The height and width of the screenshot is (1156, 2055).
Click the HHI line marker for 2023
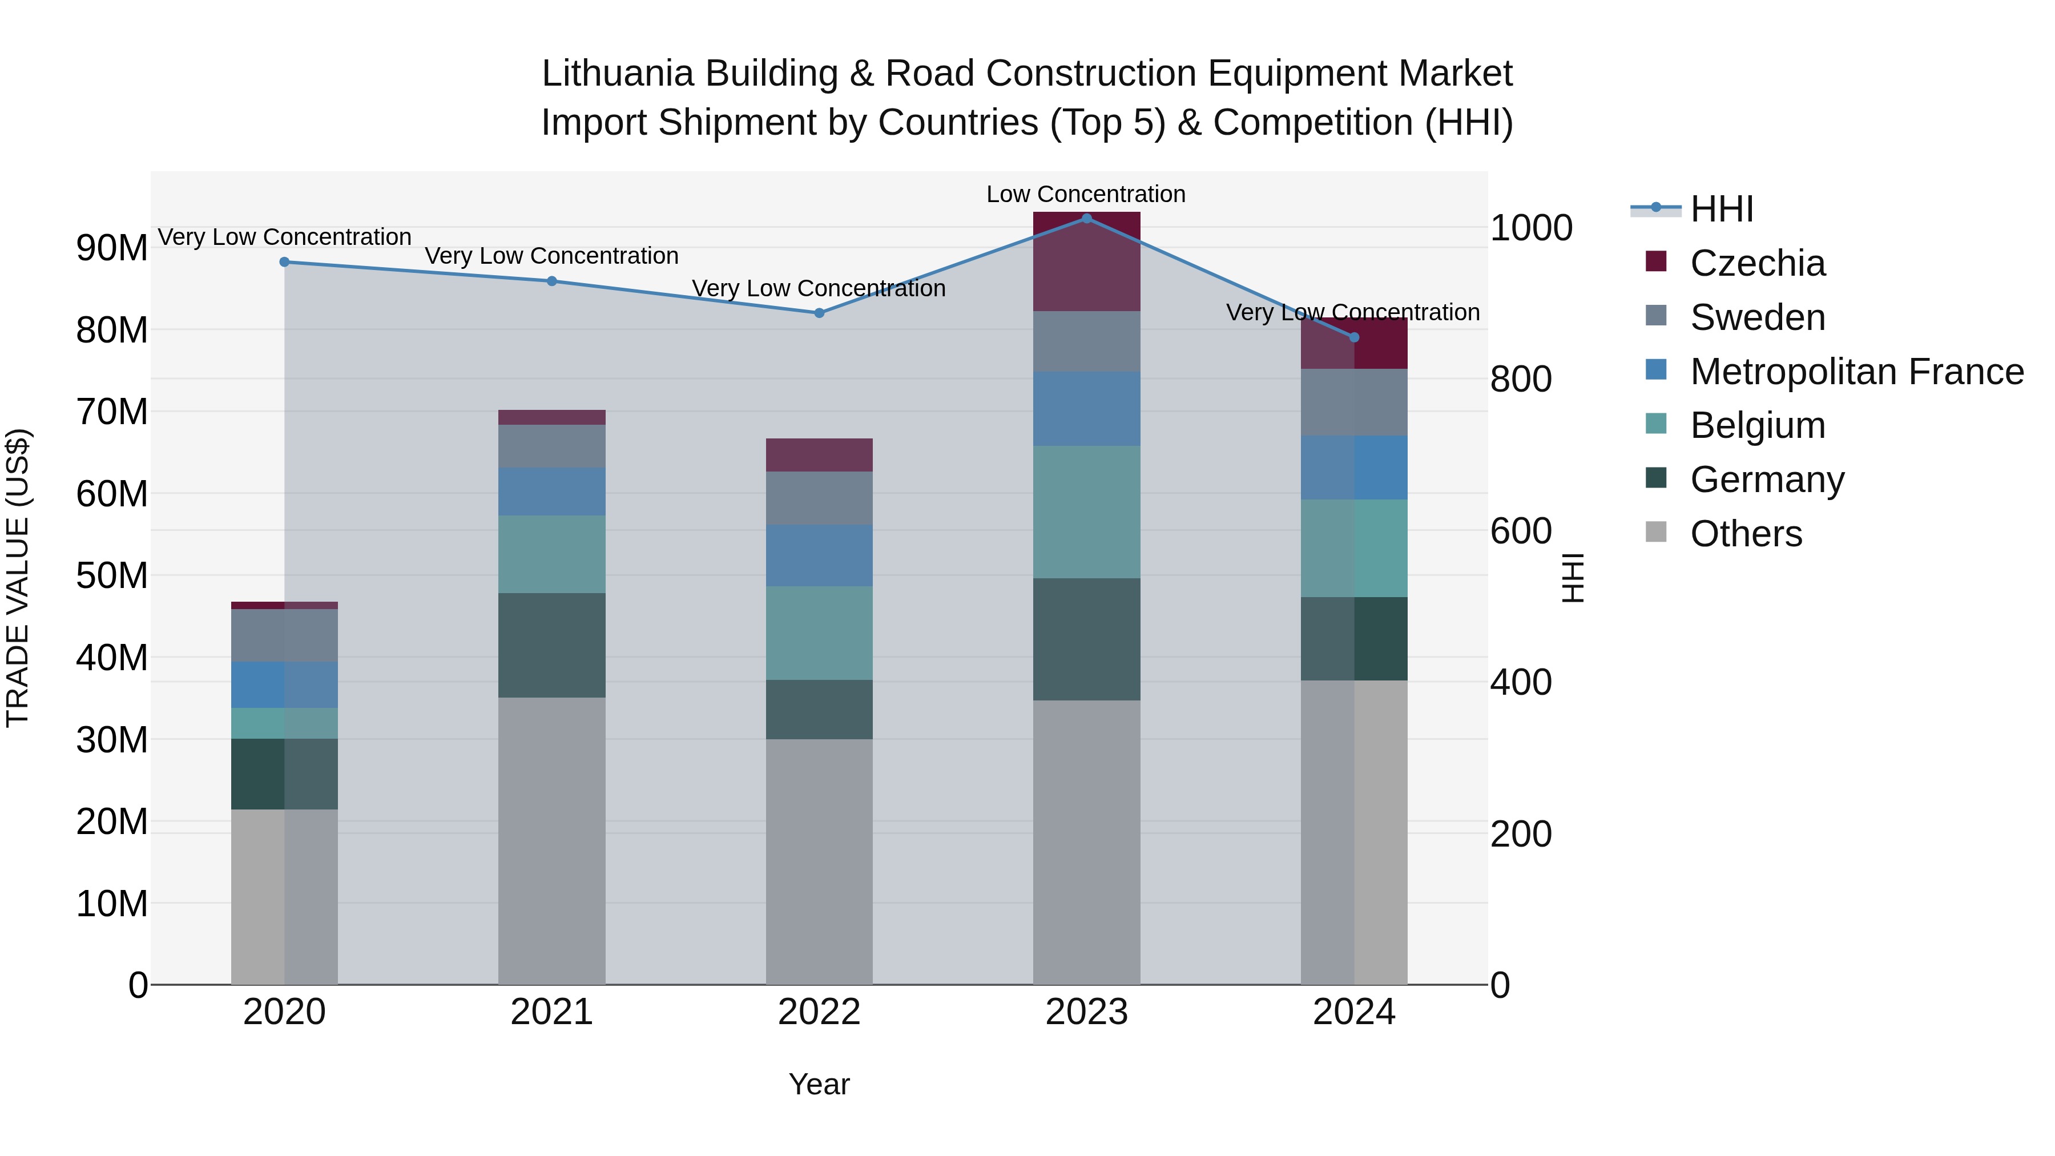(1086, 218)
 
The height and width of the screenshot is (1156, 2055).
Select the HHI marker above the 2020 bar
(284, 261)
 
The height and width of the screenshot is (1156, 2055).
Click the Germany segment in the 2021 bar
(551, 645)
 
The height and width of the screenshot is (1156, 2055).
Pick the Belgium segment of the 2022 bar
(819, 633)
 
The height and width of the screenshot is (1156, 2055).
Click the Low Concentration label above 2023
(1086, 194)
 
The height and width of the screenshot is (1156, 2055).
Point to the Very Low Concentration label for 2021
(551, 256)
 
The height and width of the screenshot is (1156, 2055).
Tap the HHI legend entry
(1722, 209)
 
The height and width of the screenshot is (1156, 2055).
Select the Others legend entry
(1746, 534)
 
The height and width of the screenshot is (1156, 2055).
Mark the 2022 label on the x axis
(819, 1012)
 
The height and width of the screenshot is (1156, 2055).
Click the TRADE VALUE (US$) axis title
(18, 578)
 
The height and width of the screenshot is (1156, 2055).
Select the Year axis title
(819, 1084)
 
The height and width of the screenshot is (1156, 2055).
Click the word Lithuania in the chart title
(618, 74)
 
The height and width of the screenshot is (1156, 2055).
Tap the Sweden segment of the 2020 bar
(284, 635)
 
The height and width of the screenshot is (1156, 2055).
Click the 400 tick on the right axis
(1521, 683)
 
